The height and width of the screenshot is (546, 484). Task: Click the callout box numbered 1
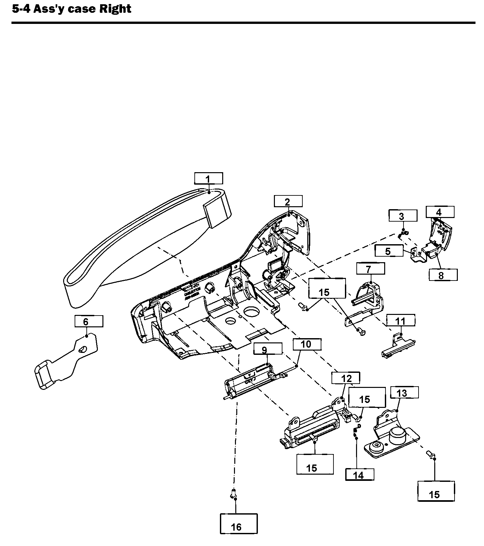[208, 178]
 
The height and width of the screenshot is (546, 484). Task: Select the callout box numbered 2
[288, 201]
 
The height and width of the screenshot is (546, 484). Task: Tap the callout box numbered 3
[403, 216]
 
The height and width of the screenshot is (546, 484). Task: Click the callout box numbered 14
[360, 474]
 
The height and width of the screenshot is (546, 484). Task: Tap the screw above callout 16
[233, 494]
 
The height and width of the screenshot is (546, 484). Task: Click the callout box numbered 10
[307, 344]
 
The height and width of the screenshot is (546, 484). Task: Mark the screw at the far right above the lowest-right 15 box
[431, 454]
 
